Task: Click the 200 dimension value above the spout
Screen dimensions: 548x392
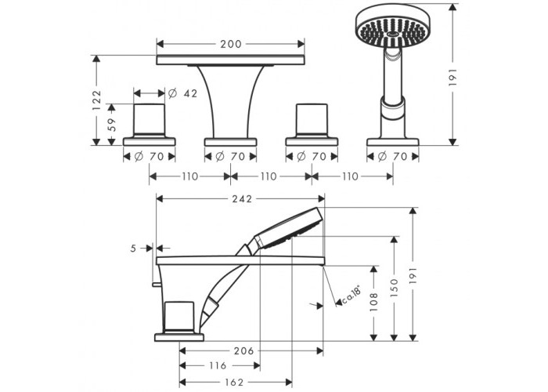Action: click(x=231, y=44)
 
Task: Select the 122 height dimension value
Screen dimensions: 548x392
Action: click(x=96, y=100)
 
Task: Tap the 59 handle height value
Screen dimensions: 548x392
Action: click(x=112, y=125)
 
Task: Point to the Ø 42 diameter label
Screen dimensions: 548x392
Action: click(x=182, y=93)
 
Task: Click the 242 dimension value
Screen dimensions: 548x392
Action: click(x=242, y=199)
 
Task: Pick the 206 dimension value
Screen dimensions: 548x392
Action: click(x=243, y=350)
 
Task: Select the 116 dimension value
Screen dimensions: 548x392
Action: click(x=218, y=366)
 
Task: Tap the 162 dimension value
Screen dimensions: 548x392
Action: click(x=233, y=383)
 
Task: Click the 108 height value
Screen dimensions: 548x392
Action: click(x=373, y=302)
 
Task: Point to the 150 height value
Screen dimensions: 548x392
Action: click(x=394, y=288)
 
